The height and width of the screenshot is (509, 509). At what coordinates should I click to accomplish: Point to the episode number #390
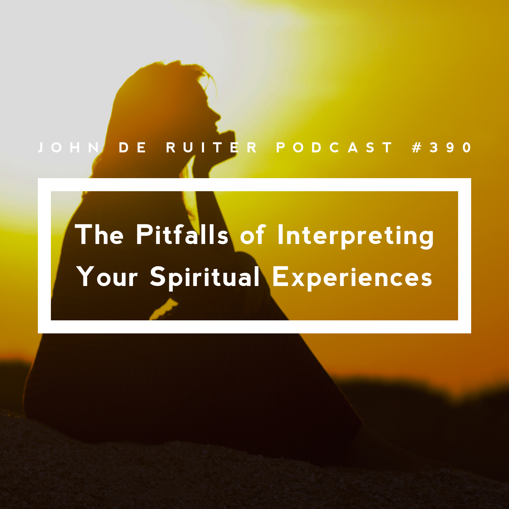(x=442, y=147)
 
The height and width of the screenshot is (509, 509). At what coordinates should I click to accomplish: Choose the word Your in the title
(x=107, y=276)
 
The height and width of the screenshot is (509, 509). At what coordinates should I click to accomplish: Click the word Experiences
(x=352, y=278)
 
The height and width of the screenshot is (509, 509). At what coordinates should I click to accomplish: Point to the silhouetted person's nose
(x=218, y=116)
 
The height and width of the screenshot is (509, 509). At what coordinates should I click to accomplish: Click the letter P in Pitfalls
(x=143, y=234)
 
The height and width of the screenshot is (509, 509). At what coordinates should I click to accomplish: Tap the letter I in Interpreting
(x=280, y=234)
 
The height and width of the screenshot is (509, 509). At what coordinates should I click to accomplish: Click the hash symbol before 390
(x=417, y=147)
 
